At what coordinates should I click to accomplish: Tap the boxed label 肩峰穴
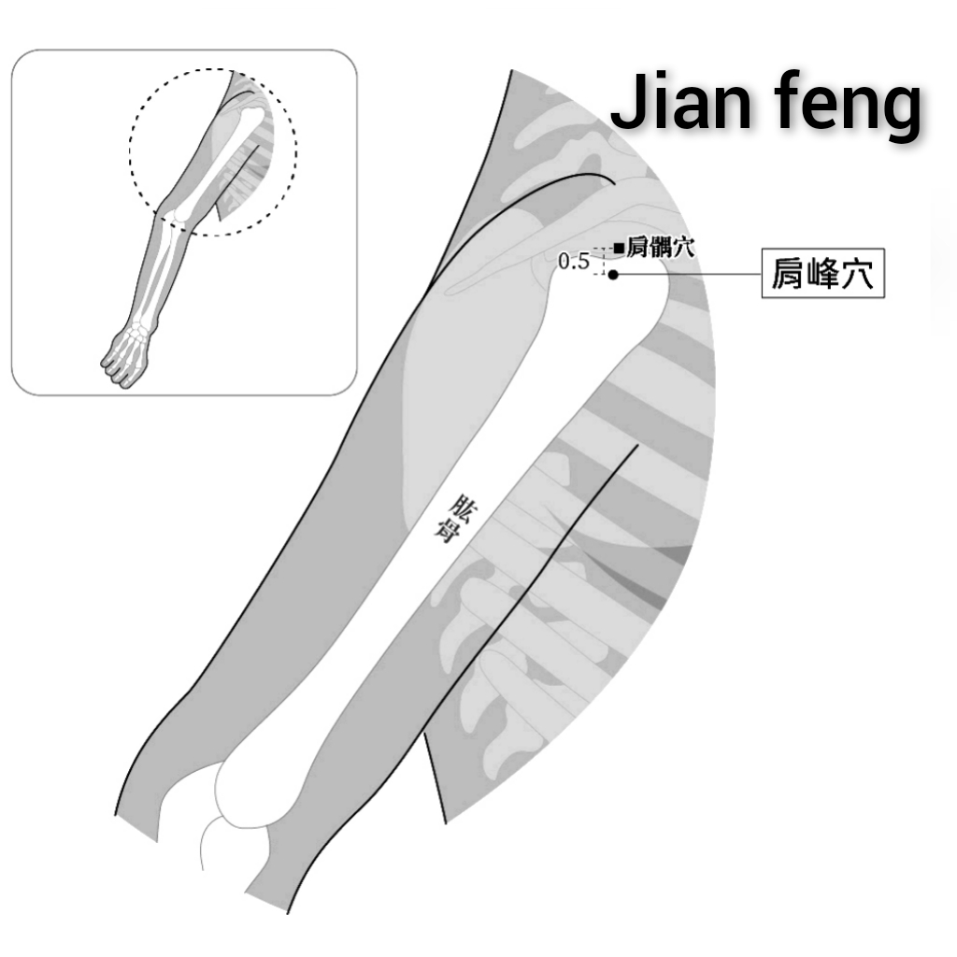822,273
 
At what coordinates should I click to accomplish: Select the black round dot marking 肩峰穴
613,275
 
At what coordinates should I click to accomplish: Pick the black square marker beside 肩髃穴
619,248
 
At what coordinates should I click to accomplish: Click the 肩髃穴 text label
661,247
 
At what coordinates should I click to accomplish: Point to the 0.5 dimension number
574,262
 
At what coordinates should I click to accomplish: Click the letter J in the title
628,101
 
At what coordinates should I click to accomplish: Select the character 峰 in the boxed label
822,273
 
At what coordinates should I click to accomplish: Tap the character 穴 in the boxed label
858,273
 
